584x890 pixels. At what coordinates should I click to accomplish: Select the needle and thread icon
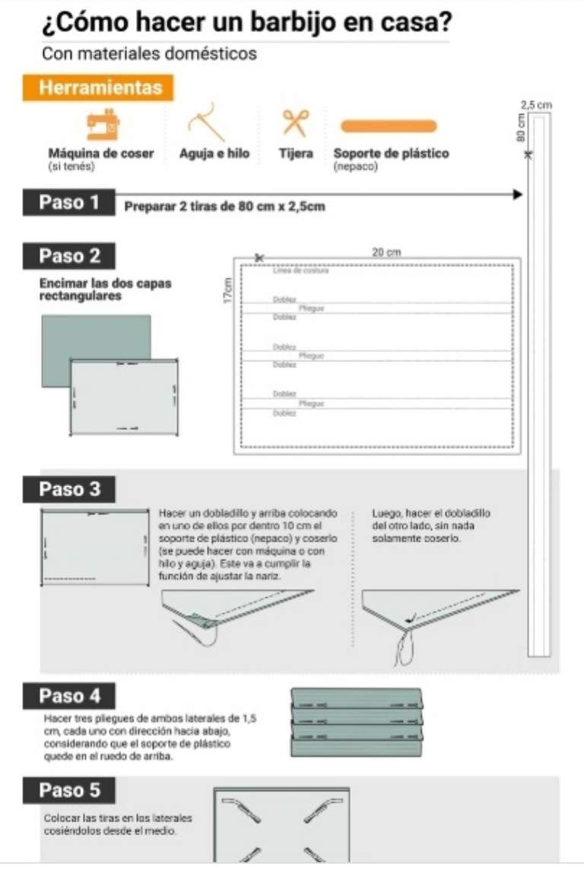pyautogui.click(x=206, y=122)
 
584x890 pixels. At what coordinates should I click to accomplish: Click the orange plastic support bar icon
pyautogui.click(x=389, y=126)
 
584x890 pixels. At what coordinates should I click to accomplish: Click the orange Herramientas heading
pyautogui.click(x=100, y=87)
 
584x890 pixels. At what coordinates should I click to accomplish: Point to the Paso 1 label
pyautogui.click(x=69, y=202)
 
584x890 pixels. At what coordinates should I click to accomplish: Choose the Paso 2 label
pyautogui.click(x=69, y=256)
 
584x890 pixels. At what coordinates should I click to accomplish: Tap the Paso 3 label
pyautogui.click(x=69, y=489)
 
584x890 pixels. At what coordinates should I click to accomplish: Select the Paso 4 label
pyautogui.click(x=69, y=696)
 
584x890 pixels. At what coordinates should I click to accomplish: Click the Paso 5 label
pyautogui.click(x=69, y=790)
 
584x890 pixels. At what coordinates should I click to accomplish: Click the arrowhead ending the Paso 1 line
pyautogui.click(x=519, y=195)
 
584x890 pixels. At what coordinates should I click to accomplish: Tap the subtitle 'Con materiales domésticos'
pyautogui.click(x=149, y=54)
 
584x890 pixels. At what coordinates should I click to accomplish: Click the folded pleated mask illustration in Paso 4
pyautogui.click(x=357, y=715)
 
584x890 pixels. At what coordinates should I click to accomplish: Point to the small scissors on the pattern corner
pyautogui.click(x=259, y=258)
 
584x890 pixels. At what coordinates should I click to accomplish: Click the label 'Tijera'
pyautogui.click(x=296, y=154)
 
